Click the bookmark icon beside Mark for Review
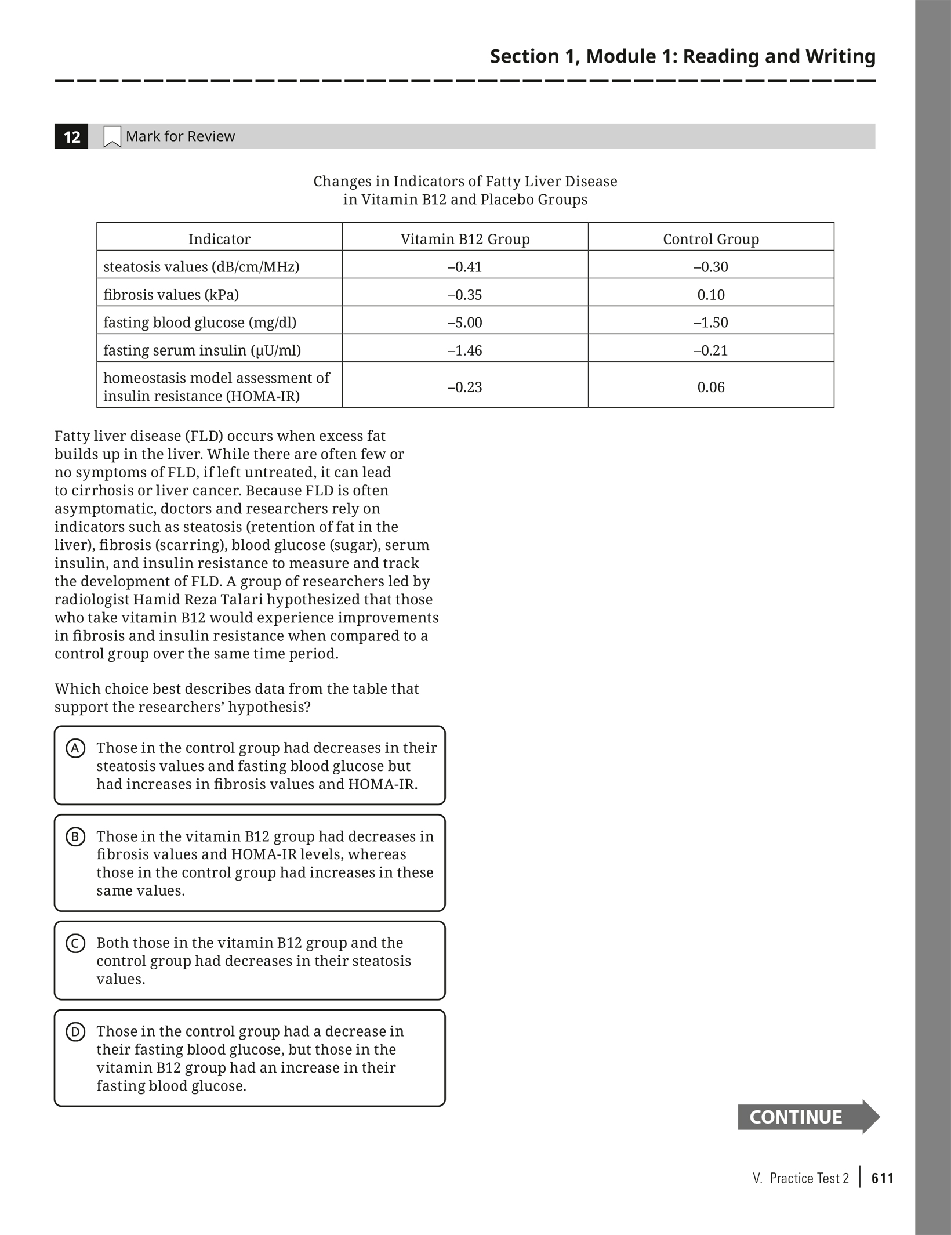(112, 137)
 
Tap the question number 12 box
(71, 137)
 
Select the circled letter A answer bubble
(75, 748)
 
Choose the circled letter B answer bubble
(75, 837)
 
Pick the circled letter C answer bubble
(75, 943)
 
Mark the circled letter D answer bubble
(75, 1032)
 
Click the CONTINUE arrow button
(808, 1117)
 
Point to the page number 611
(883, 1178)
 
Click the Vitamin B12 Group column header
(465, 239)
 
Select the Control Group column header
(711, 239)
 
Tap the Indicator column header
(219, 239)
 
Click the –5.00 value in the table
(465, 323)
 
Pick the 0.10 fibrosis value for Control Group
(711, 295)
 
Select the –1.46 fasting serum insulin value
(465, 350)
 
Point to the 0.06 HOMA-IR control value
(711, 387)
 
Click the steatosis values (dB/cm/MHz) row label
(201, 267)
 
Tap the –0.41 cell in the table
(465, 267)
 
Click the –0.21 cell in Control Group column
(711, 350)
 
